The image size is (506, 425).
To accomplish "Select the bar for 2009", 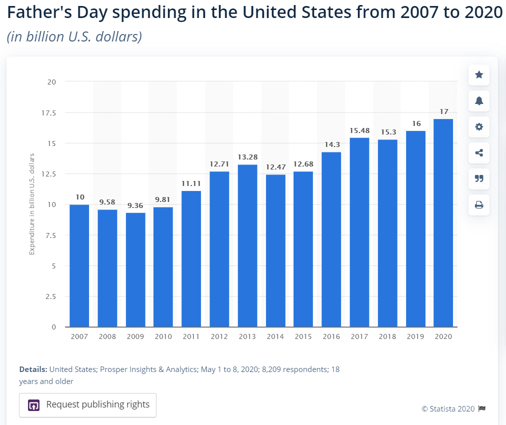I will (135, 270).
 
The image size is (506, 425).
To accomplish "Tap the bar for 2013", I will (247, 245).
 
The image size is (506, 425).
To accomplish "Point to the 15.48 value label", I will (359, 130).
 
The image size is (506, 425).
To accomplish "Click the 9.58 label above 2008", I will (107, 202).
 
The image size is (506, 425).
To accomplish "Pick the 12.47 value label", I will (275, 167).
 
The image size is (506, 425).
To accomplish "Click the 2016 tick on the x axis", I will (331, 336).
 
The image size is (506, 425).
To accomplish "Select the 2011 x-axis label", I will (191, 336).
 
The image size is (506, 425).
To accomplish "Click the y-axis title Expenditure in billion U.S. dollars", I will (32, 204).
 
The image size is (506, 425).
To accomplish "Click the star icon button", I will (479, 75).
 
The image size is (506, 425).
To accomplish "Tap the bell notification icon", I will (479, 101).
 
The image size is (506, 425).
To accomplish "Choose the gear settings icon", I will (479, 127).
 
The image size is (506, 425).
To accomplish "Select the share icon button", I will (479, 153).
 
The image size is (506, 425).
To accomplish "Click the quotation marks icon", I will (479, 179).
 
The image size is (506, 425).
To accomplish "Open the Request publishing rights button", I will (88, 405).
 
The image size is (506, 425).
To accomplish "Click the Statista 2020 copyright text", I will (448, 408).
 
